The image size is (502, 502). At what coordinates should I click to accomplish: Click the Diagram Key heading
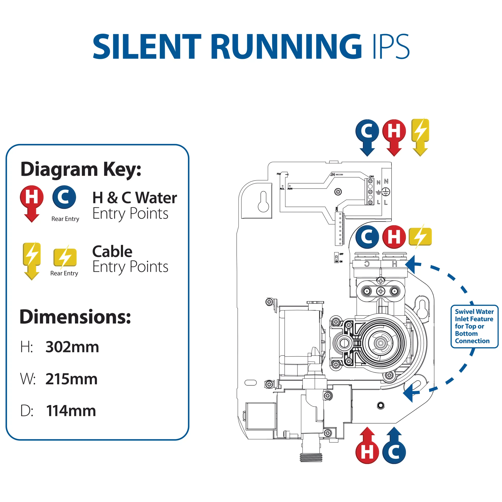(81, 169)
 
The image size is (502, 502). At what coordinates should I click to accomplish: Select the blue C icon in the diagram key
(64, 197)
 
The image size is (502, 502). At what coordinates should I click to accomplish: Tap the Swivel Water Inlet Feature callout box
(474, 326)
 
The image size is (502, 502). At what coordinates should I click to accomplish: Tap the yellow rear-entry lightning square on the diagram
(420, 236)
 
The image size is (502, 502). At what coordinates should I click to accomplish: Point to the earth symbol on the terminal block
(386, 192)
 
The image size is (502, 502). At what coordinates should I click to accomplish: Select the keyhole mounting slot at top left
(263, 202)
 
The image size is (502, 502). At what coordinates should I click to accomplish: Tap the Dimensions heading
(75, 317)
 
